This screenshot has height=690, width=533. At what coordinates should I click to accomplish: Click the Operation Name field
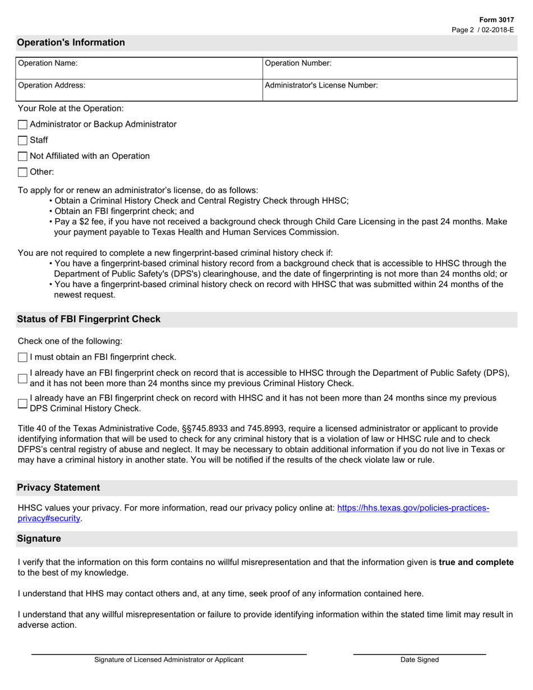(x=168, y=68)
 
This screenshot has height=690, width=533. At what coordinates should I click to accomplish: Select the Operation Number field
(x=421, y=68)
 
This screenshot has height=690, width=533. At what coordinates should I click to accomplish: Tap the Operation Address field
(x=168, y=90)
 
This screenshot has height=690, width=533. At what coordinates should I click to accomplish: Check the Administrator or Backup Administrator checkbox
(x=22, y=125)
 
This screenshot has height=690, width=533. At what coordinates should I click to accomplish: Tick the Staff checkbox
(x=22, y=140)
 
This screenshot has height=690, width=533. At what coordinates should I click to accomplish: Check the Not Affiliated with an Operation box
(x=22, y=157)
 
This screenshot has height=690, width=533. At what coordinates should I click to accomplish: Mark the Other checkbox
(x=22, y=172)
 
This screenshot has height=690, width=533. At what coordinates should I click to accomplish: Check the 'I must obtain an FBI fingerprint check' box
(x=22, y=357)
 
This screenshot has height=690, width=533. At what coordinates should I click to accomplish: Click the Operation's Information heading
(x=71, y=43)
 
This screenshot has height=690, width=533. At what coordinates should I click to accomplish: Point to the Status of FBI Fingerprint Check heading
(x=89, y=319)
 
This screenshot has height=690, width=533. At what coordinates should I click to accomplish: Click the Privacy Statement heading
(x=58, y=487)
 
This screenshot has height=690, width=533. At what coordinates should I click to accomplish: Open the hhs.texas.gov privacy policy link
(x=412, y=508)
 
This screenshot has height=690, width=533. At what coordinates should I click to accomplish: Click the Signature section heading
(x=39, y=539)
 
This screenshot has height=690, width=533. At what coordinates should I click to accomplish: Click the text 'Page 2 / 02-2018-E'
(x=483, y=29)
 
